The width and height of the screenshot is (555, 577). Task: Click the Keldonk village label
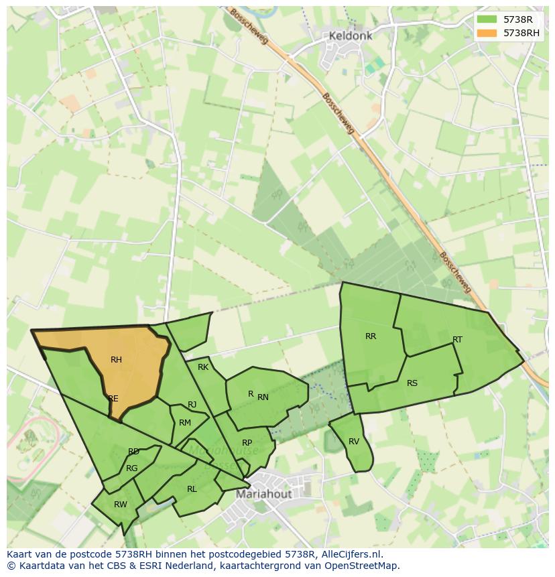pyautogui.click(x=350, y=36)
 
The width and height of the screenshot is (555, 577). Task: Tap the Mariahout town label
pyautogui.click(x=263, y=494)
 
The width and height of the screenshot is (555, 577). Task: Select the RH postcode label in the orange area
pyautogui.click(x=116, y=360)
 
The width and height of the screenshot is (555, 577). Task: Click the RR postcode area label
pyautogui.click(x=371, y=336)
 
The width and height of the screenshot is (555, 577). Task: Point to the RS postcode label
pyautogui.click(x=412, y=383)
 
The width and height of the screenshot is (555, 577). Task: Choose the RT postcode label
pyautogui.click(x=457, y=340)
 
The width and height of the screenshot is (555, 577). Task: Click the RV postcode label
pyautogui.click(x=354, y=442)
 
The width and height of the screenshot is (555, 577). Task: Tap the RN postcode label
pyautogui.click(x=263, y=397)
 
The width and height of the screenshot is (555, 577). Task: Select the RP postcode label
pyautogui.click(x=247, y=443)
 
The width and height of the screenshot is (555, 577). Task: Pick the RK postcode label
pyautogui.click(x=203, y=367)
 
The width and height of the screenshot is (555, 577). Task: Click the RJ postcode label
pyautogui.click(x=192, y=405)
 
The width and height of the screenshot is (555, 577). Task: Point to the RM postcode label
pyautogui.click(x=185, y=422)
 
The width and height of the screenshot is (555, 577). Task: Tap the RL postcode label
pyautogui.click(x=192, y=489)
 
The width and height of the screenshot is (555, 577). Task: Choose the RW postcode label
pyautogui.click(x=120, y=505)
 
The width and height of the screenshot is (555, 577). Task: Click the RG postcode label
pyautogui.click(x=131, y=468)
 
